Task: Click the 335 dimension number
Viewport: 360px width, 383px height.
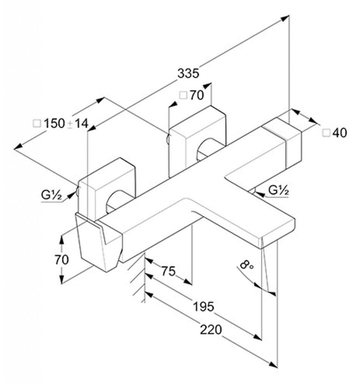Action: [x=188, y=73]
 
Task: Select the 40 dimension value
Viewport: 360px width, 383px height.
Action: [x=339, y=133]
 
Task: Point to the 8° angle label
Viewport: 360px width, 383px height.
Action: [x=246, y=264]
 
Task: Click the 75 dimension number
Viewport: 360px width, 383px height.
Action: [x=168, y=271]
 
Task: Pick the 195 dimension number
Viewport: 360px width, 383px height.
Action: [x=203, y=307]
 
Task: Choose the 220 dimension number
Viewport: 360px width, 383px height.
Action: [x=211, y=330]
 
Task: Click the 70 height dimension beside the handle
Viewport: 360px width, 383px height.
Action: [x=62, y=260]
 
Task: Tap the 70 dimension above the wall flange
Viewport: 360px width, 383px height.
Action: [x=197, y=95]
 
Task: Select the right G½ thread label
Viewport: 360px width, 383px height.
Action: [x=279, y=190]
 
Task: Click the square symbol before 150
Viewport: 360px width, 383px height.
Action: [x=37, y=123]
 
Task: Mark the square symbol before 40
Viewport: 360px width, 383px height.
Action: [x=326, y=133]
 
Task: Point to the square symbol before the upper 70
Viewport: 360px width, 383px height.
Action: [x=183, y=95]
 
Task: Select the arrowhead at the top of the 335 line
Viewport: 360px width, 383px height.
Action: [x=285, y=18]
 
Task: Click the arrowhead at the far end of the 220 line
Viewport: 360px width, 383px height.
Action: [x=273, y=371]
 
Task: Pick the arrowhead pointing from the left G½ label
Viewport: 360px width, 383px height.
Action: [x=71, y=194]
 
